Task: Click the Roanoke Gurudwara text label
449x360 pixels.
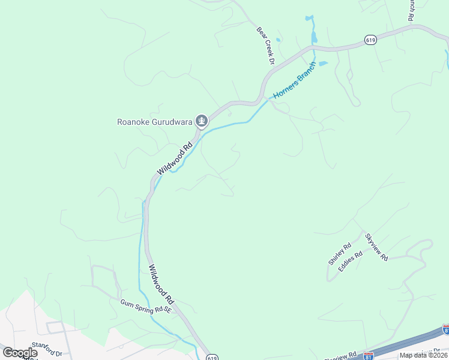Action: tap(154, 122)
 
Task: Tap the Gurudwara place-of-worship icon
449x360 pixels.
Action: tap(202, 122)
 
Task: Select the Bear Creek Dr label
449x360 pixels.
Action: tap(265, 45)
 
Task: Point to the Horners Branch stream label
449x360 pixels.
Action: tap(294, 80)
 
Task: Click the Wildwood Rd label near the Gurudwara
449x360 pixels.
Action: tap(175, 158)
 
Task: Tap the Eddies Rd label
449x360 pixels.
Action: tap(351, 262)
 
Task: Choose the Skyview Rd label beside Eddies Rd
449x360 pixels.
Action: tap(377, 246)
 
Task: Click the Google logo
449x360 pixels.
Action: tap(20, 353)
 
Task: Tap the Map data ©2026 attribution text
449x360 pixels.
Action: tap(424, 355)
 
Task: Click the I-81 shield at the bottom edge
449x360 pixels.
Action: tap(369, 356)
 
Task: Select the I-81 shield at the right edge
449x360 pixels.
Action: tap(445, 329)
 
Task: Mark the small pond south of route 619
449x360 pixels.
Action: tap(323, 63)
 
